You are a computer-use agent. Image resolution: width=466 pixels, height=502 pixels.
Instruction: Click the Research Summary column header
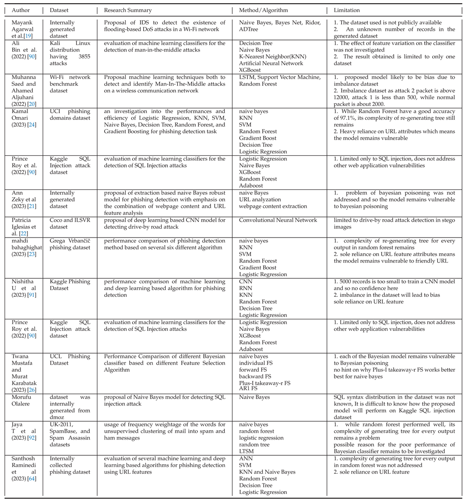point(128,10)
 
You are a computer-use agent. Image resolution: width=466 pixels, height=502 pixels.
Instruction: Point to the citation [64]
point(32,479)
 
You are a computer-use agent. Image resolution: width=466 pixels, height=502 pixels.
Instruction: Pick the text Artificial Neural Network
point(268,63)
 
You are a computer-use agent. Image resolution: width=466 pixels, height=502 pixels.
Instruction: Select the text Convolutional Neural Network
point(278,220)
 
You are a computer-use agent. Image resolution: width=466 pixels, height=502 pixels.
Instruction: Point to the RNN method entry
point(246,288)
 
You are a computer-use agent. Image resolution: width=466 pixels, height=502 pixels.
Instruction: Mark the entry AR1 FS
point(248,388)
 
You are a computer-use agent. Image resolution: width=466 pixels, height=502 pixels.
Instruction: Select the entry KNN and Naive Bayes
point(267,472)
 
